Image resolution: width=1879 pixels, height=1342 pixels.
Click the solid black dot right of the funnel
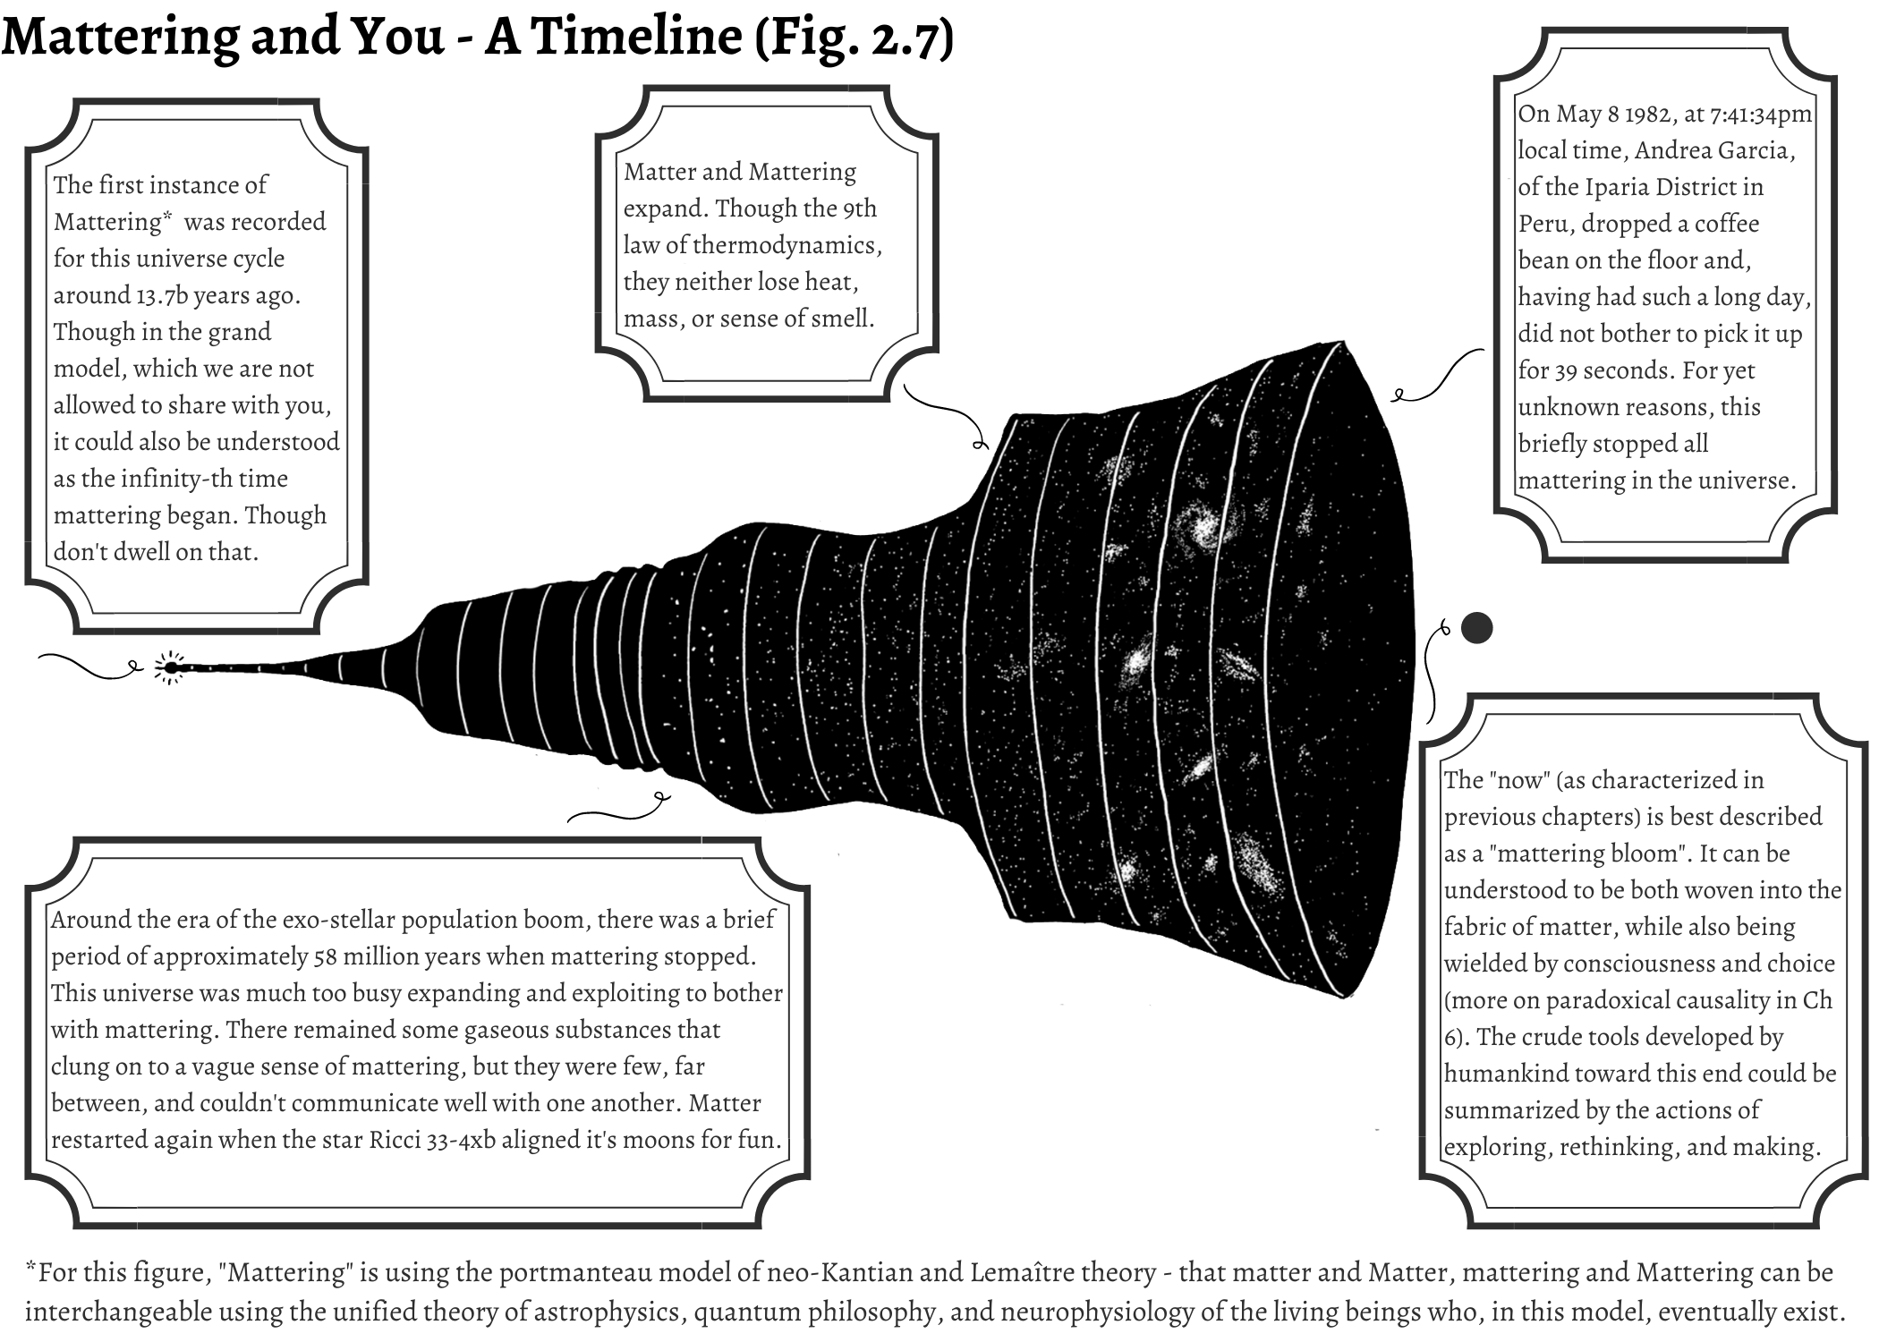tap(1476, 628)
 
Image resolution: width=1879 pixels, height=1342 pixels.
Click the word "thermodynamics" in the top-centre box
tap(786, 245)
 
